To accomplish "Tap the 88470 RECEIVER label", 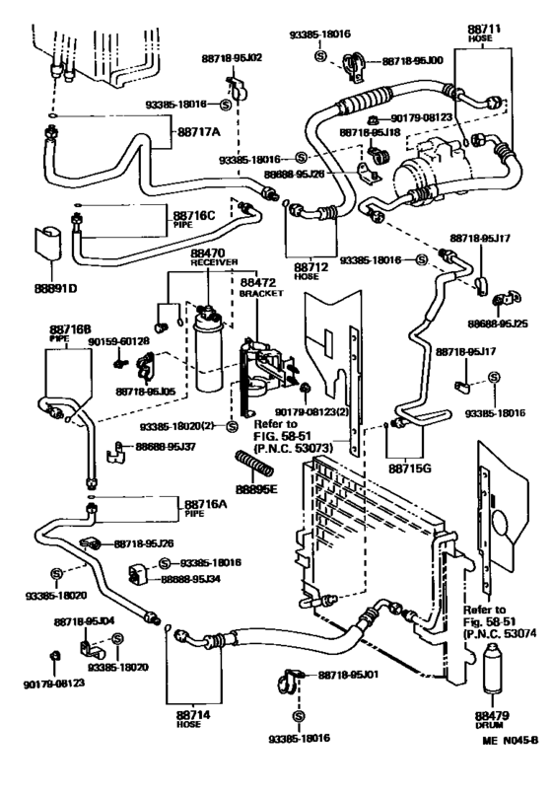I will pyautogui.click(x=208, y=257).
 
